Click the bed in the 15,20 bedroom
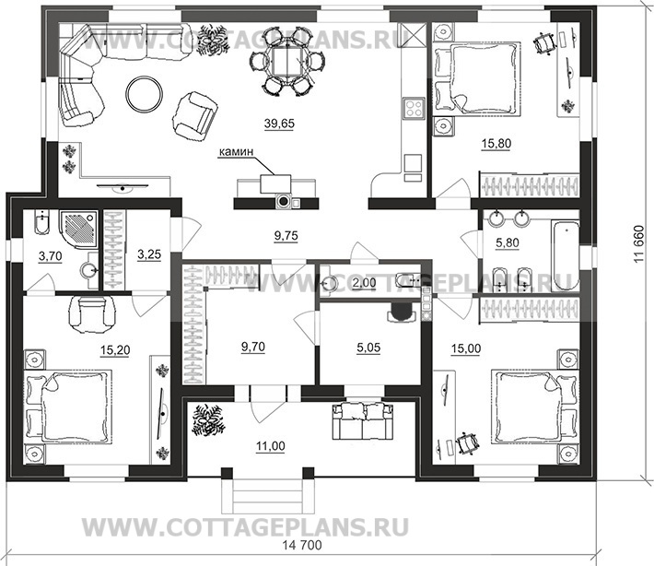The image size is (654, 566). pos(70,406)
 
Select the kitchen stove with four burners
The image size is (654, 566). pos(413,107)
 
